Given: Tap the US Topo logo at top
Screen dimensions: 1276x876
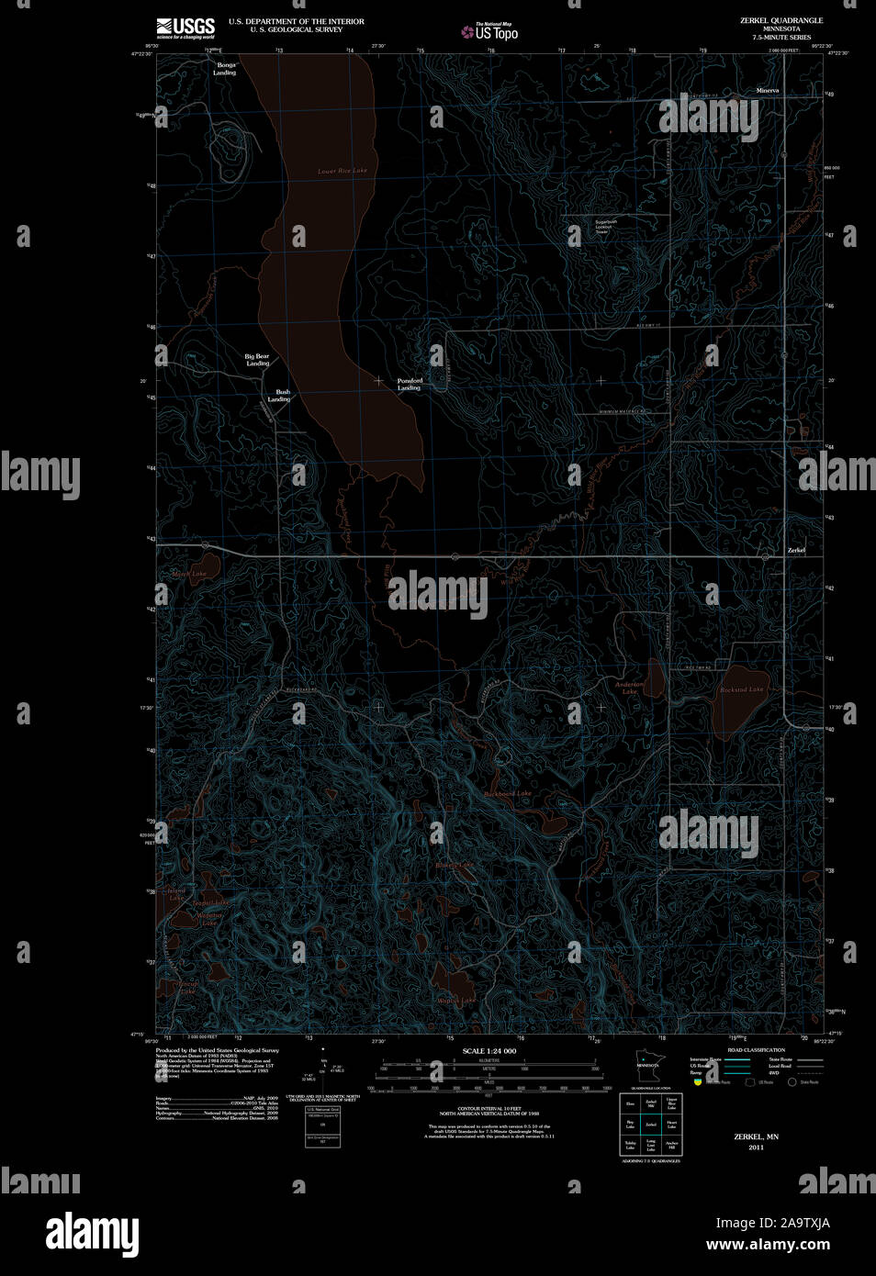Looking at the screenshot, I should pyautogui.click(x=489, y=32).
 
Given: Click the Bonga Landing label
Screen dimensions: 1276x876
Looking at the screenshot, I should pyautogui.click(x=225, y=69).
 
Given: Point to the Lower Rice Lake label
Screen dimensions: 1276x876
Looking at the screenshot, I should pyautogui.click(x=342, y=171).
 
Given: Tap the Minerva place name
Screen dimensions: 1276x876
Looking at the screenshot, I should pyautogui.click(x=767, y=90).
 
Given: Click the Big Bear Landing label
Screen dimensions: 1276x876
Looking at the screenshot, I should pyautogui.click(x=257, y=360).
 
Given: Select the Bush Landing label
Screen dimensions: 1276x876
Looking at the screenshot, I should pyautogui.click(x=279, y=396).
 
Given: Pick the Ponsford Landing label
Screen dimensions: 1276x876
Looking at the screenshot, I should pyautogui.click(x=410, y=384).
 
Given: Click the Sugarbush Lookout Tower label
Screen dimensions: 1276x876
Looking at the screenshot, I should pyautogui.click(x=605, y=226).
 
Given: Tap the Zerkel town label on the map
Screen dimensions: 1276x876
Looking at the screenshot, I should pyautogui.click(x=795, y=550).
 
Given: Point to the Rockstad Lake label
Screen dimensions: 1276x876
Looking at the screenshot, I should pyautogui.click(x=741, y=689).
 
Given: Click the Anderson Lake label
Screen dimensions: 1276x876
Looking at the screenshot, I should pyautogui.click(x=629, y=688).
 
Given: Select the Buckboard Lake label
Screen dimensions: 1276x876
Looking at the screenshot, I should pyautogui.click(x=508, y=793).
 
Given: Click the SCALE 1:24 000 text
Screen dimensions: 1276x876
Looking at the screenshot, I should pyautogui.click(x=489, y=1051).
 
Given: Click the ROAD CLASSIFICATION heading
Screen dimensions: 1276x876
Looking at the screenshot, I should pyautogui.click(x=756, y=1050).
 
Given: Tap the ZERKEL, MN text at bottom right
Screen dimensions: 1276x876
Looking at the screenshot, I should pyautogui.click(x=756, y=1136).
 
